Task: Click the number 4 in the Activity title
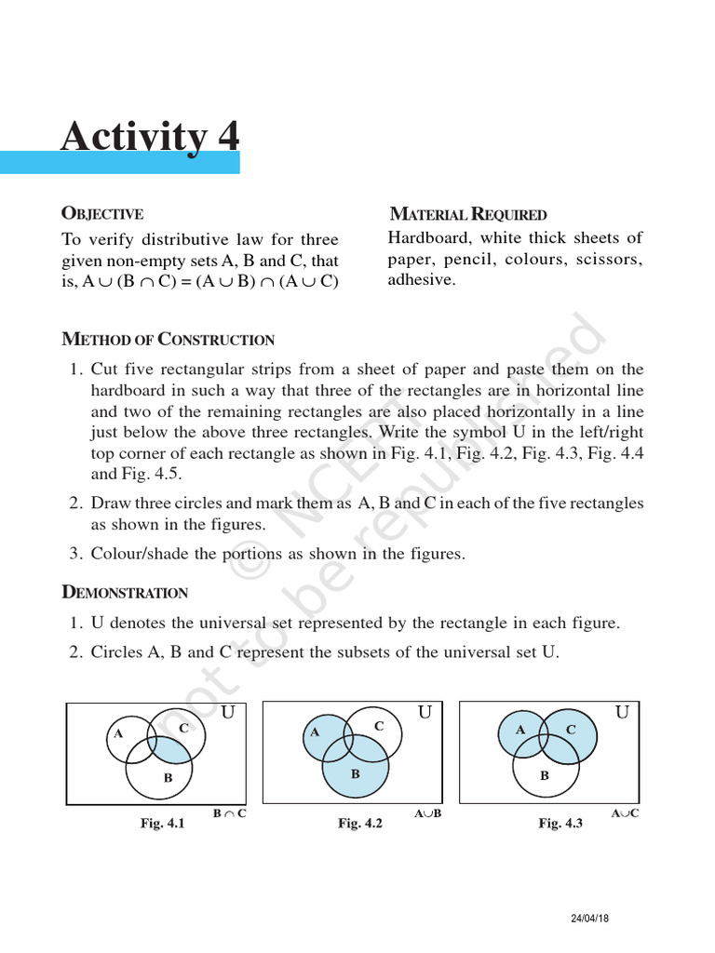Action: (x=227, y=136)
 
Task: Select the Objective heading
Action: (x=102, y=214)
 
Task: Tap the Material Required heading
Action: (x=467, y=215)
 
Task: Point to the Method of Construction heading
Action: (x=168, y=340)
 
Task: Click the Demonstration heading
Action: (x=125, y=593)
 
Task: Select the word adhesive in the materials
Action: (x=422, y=279)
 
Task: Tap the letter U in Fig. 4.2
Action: (x=425, y=713)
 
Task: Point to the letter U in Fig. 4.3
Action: (x=622, y=713)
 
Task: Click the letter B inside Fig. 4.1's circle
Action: (x=168, y=777)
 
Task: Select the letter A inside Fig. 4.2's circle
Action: (x=316, y=732)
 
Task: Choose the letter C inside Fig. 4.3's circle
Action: (x=571, y=731)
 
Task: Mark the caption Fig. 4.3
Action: (x=560, y=824)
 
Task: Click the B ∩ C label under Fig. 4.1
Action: (x=229, y=813)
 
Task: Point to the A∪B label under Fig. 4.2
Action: (x=427, y=813)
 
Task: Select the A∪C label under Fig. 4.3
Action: (x=625, y=813)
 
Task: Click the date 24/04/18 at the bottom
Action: (x=590, y=919)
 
